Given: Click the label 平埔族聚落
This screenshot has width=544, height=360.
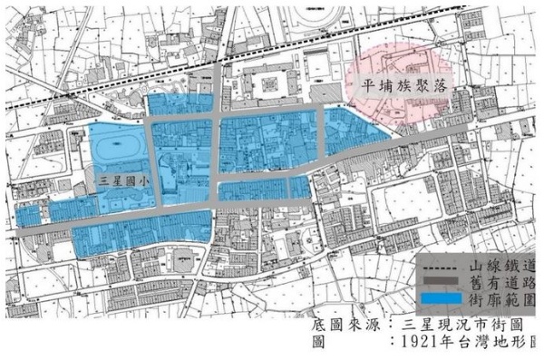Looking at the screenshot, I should click(x=403, y=90).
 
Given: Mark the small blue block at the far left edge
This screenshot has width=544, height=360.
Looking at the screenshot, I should click(x=27, y=215).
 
